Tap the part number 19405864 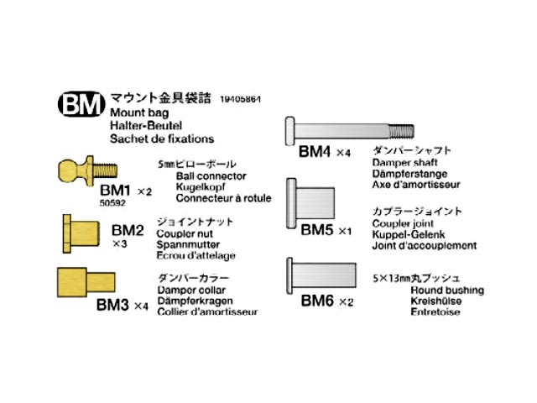241,99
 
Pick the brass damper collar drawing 83,280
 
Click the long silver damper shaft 349,130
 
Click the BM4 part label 315,153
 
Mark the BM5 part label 317,228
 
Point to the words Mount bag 139,112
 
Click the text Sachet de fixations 162,139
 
